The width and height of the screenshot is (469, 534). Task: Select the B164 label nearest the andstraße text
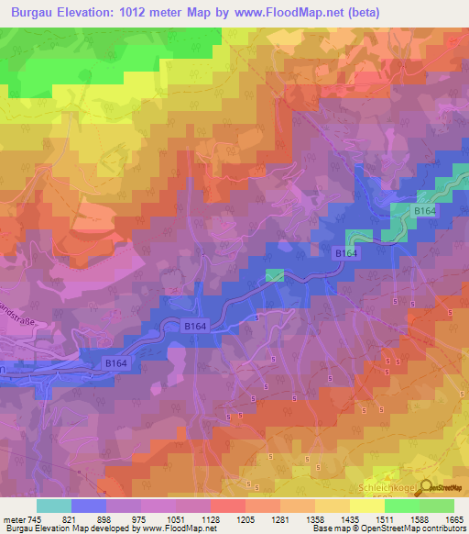pos(115,364)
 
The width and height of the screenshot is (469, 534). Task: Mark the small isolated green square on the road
pos(274,274)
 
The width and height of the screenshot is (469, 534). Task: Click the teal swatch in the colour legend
pos(55,506)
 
